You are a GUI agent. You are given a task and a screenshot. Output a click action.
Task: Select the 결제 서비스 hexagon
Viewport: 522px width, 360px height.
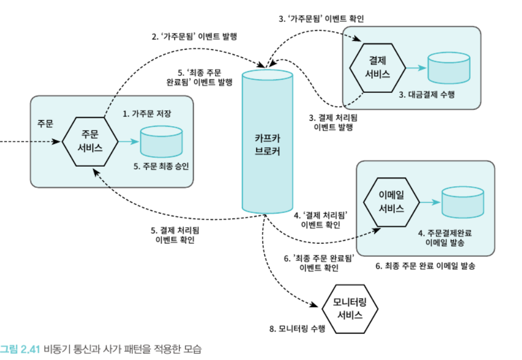378,68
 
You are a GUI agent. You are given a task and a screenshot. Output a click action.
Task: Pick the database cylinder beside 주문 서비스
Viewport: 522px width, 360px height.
161,141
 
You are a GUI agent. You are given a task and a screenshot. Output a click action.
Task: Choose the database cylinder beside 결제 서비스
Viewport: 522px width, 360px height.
449,68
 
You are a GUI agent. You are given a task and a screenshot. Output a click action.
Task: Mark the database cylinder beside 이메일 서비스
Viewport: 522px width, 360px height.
462,202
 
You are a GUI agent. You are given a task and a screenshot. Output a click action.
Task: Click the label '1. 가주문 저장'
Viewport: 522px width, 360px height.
147,114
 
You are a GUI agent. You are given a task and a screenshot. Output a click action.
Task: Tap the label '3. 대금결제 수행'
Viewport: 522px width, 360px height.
426,94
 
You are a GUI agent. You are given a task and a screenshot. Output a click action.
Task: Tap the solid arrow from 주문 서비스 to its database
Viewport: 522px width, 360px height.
128,141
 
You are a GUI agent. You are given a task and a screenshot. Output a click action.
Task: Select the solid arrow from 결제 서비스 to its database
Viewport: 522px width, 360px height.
416,68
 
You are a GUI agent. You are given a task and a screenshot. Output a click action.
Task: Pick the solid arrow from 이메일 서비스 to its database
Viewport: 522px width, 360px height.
429,202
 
